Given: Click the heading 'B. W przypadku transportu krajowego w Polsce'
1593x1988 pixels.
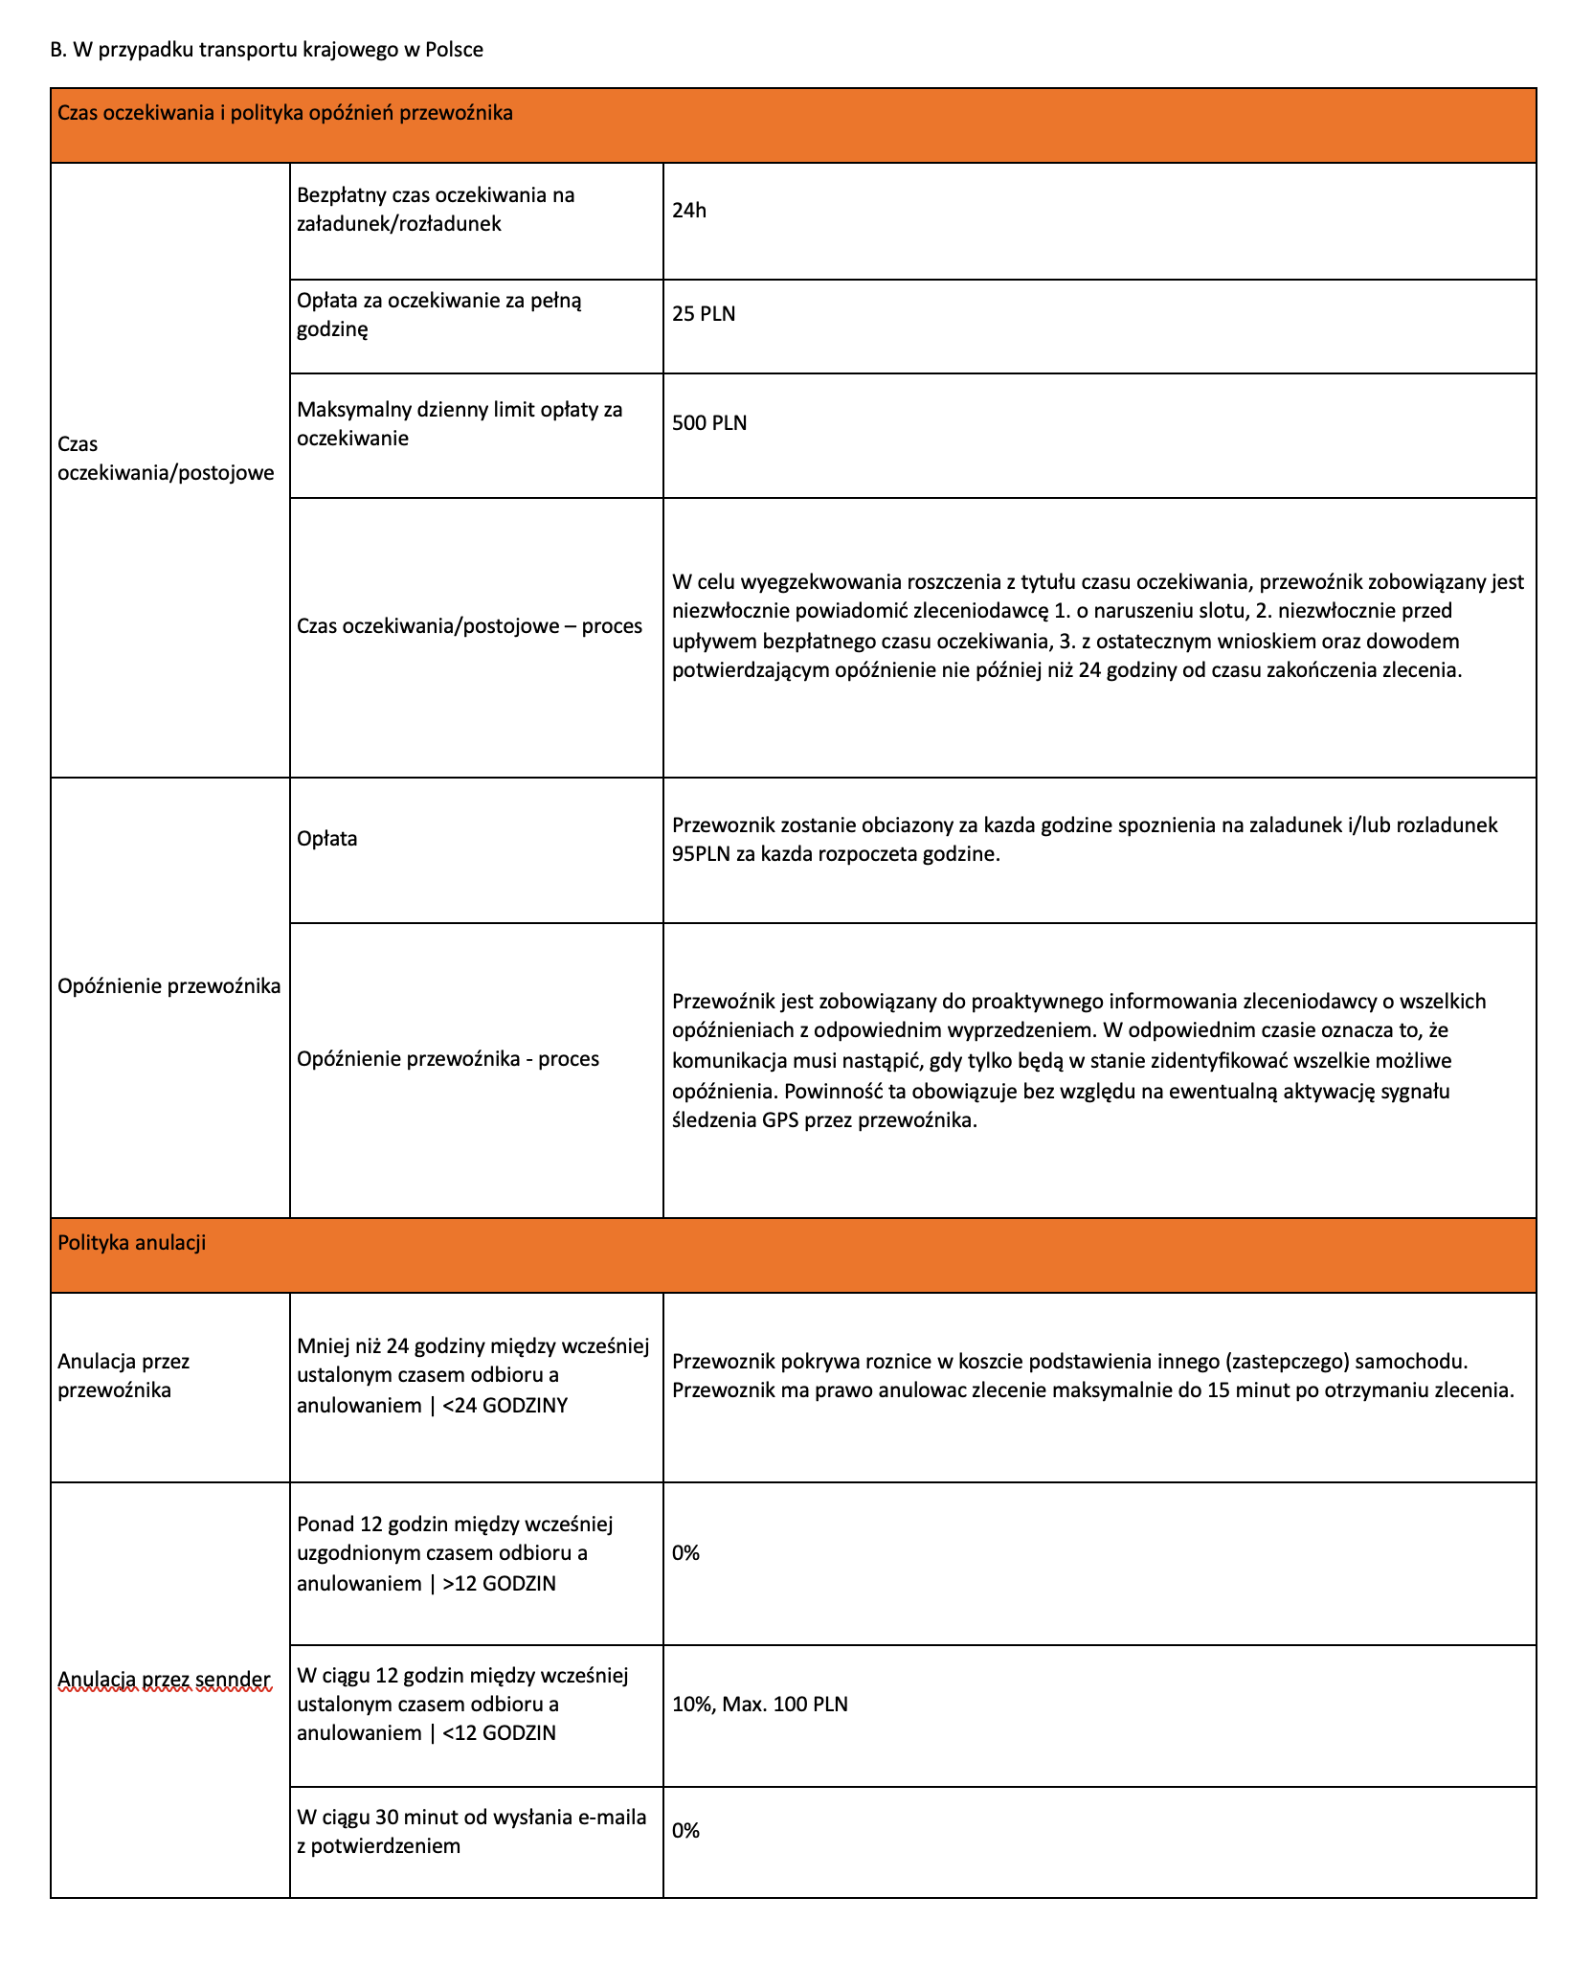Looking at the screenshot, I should (267, 50).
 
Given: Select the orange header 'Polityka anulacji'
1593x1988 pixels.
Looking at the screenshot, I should (132, 1243).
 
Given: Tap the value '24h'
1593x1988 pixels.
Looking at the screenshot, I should (689, 211).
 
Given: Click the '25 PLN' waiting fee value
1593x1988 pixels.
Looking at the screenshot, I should (704, 314).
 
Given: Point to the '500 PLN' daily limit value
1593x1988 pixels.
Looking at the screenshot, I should (709, 423).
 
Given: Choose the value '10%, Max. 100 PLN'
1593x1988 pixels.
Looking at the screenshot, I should (760, 1704).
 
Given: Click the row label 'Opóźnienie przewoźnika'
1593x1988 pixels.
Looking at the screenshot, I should (169, 986).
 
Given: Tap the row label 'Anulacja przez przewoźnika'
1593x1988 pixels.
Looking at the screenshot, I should (123, 1375).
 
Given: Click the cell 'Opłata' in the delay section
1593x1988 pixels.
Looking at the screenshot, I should (327, 839).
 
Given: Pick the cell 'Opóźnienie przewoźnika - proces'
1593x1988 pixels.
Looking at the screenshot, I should (448, 1059).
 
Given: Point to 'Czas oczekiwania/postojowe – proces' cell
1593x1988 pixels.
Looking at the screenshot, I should (469, 626).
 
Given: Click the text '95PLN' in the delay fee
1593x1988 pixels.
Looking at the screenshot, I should (701, 854).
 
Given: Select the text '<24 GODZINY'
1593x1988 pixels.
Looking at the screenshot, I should (505, 1406).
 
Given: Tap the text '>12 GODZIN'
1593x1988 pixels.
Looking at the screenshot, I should (499, 1584).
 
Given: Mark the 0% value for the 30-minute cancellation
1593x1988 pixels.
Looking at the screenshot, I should (686, 1831).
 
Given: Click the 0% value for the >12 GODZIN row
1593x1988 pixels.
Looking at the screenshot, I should (686, 1553).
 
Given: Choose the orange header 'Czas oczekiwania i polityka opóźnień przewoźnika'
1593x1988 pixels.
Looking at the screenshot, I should (285, 113).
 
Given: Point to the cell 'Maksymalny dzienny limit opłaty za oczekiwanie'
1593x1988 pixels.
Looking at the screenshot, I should (460, 423).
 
